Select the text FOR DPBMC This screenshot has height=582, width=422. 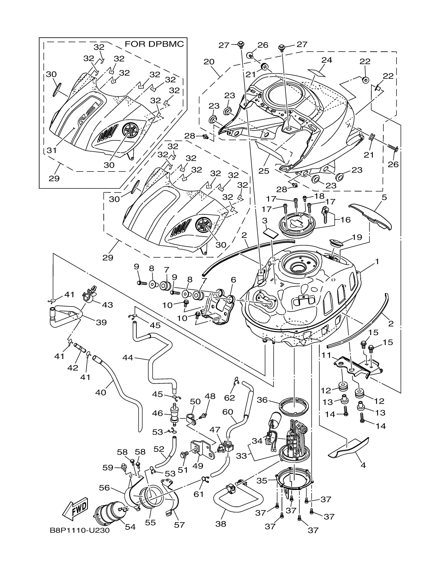click(x=154, y=44)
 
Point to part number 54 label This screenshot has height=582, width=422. click(x=130, y=526)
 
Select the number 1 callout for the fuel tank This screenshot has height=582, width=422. click(x=377, y=262)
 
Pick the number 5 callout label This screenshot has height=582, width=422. click(x=384, y=198)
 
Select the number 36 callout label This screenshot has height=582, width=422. click(x=262, y=400)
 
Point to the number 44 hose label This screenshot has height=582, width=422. click(x=128, y=358)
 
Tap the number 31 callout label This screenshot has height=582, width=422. click(x=51, y=150)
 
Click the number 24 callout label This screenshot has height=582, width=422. click(x=327, y=60)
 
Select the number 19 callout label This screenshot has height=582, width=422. click(x=357, y=237)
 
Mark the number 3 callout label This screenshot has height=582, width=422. click(x=265, y=221)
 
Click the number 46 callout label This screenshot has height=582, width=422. click(x=157, y=413)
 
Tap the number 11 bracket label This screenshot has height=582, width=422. click(x=326, y=356)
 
